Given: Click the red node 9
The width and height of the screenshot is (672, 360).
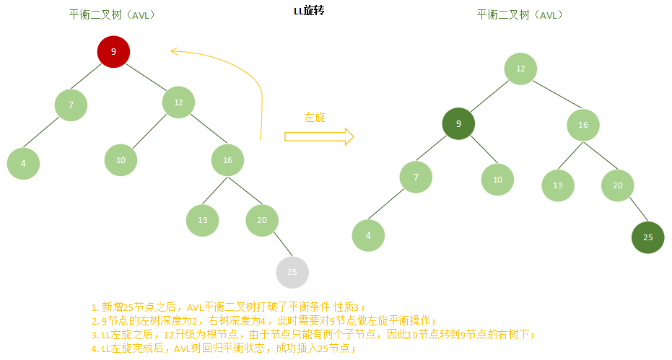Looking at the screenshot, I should coord(113,51).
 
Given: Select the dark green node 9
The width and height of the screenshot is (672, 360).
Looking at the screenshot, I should coord(458,124).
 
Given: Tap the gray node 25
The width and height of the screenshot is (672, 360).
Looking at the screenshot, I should coord(292,272).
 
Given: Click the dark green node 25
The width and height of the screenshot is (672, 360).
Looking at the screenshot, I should coord(647,237).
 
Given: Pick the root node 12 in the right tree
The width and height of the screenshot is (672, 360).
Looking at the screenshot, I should coord(520,69).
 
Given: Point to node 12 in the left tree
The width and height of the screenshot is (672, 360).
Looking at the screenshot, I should coord(178,102).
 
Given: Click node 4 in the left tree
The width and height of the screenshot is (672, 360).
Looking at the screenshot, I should coord(23,163).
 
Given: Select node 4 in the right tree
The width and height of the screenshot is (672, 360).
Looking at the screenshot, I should coord(368,235).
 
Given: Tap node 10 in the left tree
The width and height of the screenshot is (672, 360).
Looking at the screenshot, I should coord(121,159).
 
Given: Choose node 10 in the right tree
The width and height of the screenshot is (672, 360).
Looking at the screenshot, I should coord(497,180).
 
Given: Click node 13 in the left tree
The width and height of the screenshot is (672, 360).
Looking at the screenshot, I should coord(202,221).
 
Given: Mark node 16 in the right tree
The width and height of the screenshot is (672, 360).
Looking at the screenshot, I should coord(583,124).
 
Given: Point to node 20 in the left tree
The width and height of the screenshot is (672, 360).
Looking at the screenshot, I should coord(261,221).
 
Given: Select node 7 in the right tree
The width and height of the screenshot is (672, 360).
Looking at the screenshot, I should coord(416,177).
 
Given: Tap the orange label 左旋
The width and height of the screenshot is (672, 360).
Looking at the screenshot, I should coord(315,117).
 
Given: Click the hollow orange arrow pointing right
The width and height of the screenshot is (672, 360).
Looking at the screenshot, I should coord(318,136).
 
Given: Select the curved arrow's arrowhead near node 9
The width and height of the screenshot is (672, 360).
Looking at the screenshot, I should coord(173,50).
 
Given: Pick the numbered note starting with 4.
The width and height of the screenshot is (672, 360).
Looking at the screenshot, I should coord(224,348).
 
